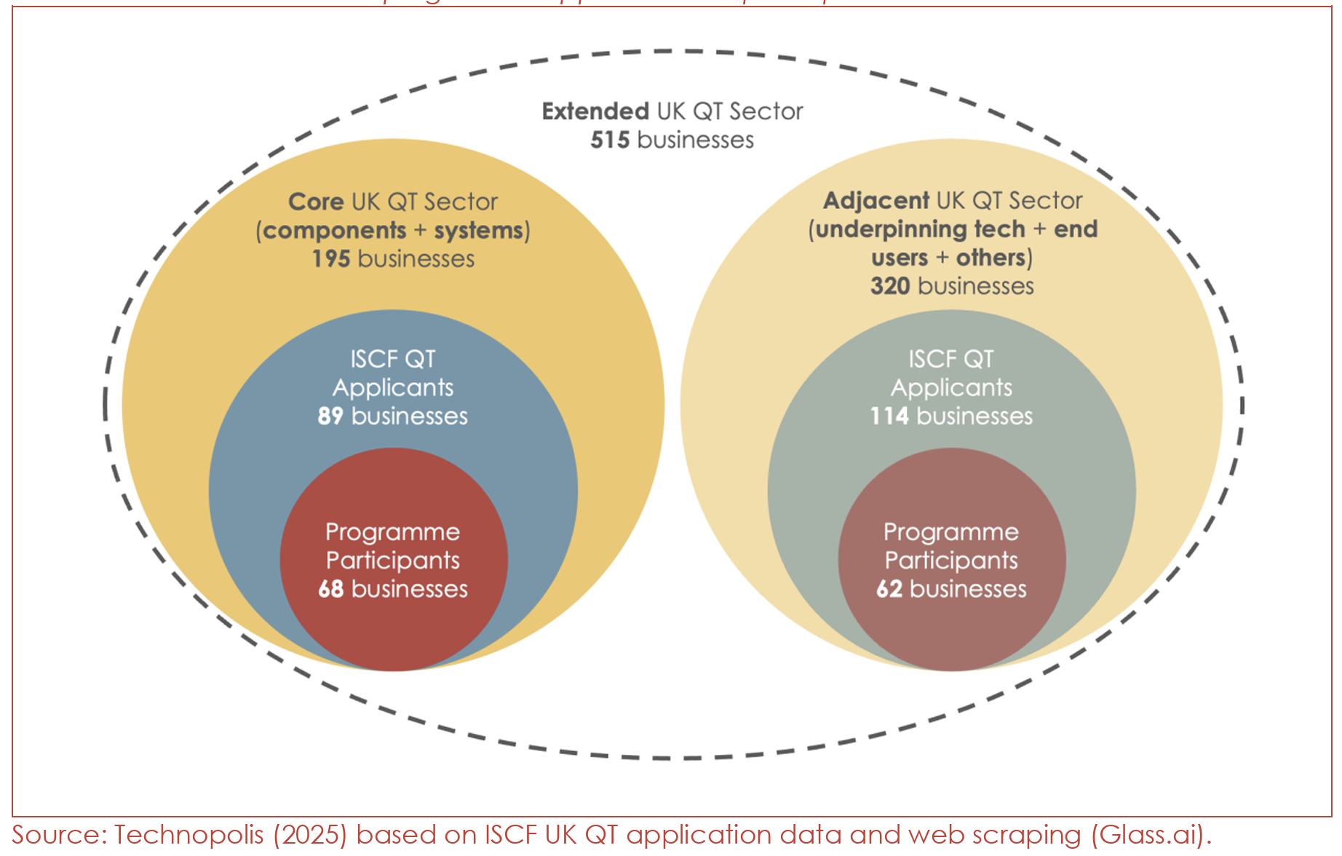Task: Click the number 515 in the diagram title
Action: coord(609,140)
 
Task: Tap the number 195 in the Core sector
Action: coord(331,259)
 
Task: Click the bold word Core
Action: coord(316,202)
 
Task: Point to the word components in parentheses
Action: coord(334,231)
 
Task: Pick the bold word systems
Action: coord(479,231)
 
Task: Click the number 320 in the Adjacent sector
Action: coord(890,286)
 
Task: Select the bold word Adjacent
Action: coord(876,201)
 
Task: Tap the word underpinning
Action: coord(920,229)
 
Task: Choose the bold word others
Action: coord(990,258)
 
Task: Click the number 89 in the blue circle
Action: coord(330,416)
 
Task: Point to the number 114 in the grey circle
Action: coord(889,416)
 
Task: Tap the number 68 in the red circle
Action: coord(331,589)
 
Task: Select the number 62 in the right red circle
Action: coord(889,589)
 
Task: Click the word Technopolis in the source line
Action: coord(188,835)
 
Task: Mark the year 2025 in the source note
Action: coord(311,835)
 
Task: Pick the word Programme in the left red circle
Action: coord(393,532)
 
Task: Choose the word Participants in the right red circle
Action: coord(951,560)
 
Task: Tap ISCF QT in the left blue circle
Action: coord(393,359)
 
